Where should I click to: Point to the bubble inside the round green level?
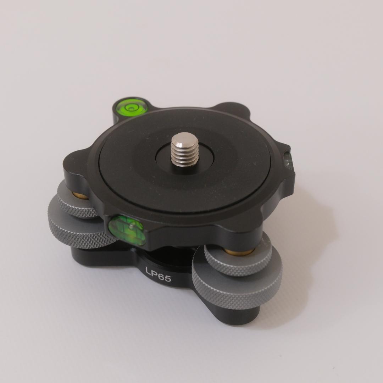click(x=131, y=108)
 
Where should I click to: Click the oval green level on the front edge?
click(x=127, y=230)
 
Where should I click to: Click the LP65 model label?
click(x=158, y=274)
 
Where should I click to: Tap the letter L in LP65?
click(x=148, y=270)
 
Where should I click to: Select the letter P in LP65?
click(x=154, y=273)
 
